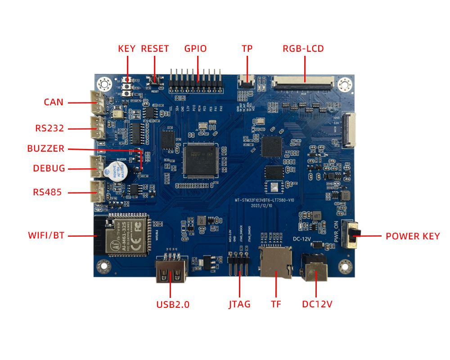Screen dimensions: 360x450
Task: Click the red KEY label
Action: [x=126, y=49]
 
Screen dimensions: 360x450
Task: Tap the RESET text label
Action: [x=155, y=49]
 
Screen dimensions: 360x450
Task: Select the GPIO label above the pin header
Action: [x=195, y=49]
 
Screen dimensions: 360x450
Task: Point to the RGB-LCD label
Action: [x=303, y=49]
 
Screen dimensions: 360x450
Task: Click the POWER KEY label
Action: [x=413, y=236]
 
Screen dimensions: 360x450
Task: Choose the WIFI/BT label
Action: [x=46, y=235]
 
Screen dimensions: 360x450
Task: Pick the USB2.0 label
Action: [x=173, y=305]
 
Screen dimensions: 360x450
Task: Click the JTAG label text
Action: [x=239, y=305]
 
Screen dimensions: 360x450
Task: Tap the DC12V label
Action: [x=317, y=305]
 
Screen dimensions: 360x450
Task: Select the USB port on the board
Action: [x=171, y=270]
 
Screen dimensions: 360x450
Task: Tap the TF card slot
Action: [x=274, y=262]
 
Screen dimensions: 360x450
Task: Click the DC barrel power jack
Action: [x=315, y=269]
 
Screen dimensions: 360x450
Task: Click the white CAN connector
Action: [x=97, y=102]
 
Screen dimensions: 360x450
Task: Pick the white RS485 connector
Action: [x=97, y=192]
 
